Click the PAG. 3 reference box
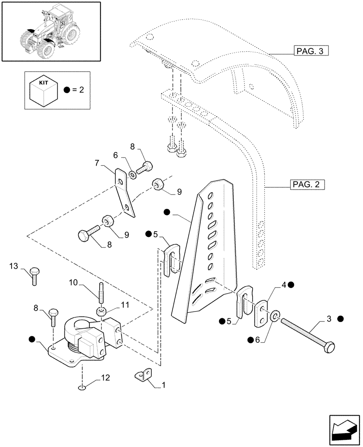pyautogui.click(x=311, y=51)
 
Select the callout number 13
pyautogui.click(x=14, y=267)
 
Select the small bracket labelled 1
pyautogui.click(x=143, y=375)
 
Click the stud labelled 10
pyautogui.click(x=101, y=293)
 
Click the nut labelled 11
pyautogui.click(x=101, y=312)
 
